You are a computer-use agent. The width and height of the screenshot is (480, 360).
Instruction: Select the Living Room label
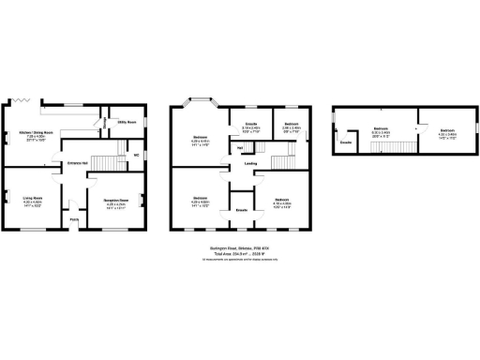33,198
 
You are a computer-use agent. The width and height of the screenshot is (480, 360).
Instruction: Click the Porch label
74,220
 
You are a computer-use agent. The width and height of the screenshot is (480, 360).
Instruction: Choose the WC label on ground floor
136,155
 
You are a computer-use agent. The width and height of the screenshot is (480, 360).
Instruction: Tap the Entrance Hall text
77,163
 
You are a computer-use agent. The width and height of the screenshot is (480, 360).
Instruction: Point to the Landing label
250,163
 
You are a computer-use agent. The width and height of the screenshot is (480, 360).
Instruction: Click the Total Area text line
239,253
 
